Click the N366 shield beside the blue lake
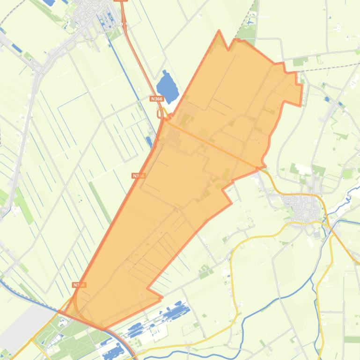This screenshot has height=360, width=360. pos(157,99)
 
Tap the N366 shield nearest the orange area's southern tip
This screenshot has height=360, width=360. pos(79,285)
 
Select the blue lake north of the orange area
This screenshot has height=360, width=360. pos(167,86)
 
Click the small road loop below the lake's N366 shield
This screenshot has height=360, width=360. pos(161,114)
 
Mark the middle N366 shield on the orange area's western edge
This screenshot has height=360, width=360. pos(138,176)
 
